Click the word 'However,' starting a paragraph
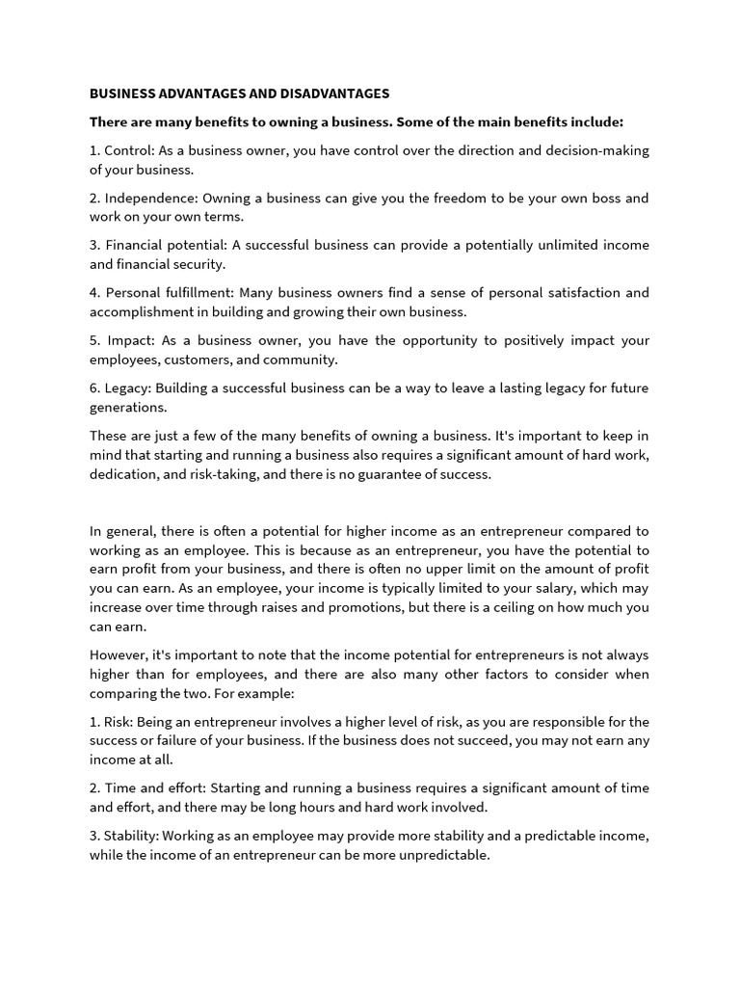point(119,654)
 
